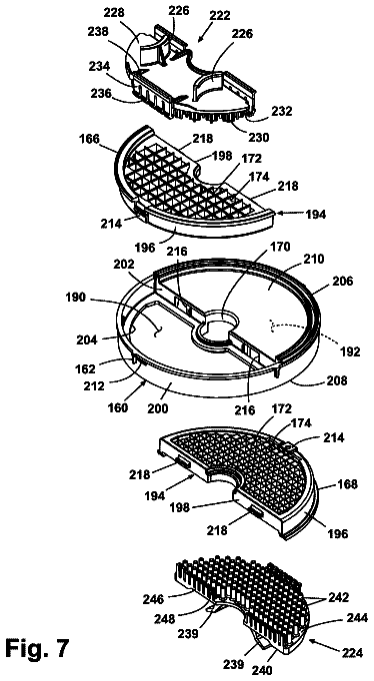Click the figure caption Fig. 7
pos(37,648)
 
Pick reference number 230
pos(257,137)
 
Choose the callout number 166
pos(90,140)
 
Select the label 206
pos(341,282)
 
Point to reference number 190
pos(78,300)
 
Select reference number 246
pos(155,600)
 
